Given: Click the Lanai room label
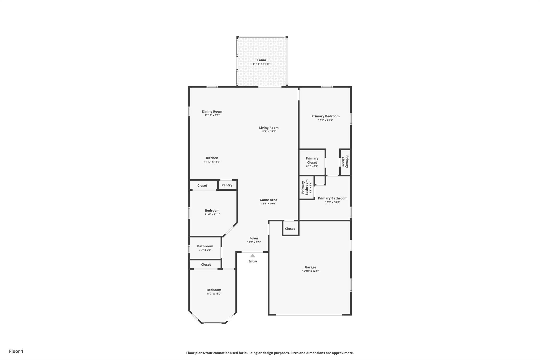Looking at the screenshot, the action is [x=262, y=60].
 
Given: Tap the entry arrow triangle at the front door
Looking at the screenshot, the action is [x=253, y=256].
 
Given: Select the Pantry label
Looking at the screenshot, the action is [x=227, y=185].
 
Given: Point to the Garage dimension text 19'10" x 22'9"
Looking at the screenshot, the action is [x=310, y=271].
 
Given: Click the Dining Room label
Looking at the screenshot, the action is [x=212, y=112].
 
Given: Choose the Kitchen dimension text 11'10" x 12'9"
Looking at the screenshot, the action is [x=212, y=162].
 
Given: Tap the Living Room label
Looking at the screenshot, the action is [x=269, y=128].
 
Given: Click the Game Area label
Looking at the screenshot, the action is [x=268, y=200].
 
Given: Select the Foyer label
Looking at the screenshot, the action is [x=254, y=238].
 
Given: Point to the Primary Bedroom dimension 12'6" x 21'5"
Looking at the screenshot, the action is [x=326, y=120].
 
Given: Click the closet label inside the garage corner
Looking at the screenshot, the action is [x=290, y=229].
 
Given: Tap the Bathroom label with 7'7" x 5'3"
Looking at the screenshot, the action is [x=205, y=246].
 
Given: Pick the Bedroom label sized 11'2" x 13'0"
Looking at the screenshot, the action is [x=214, y=290].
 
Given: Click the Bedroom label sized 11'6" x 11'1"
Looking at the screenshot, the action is [x=212, y=211].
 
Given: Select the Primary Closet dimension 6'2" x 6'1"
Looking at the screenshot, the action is [x=312, y=166].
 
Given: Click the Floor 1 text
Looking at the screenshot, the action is [x=16, y=351].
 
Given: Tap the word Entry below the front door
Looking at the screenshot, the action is [x=253, y=261].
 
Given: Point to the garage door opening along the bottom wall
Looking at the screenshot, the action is [x=309, y=314].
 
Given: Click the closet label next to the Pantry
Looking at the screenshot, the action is [x=202, y=186].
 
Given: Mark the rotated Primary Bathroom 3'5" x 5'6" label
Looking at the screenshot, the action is [x=307, y=188].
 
